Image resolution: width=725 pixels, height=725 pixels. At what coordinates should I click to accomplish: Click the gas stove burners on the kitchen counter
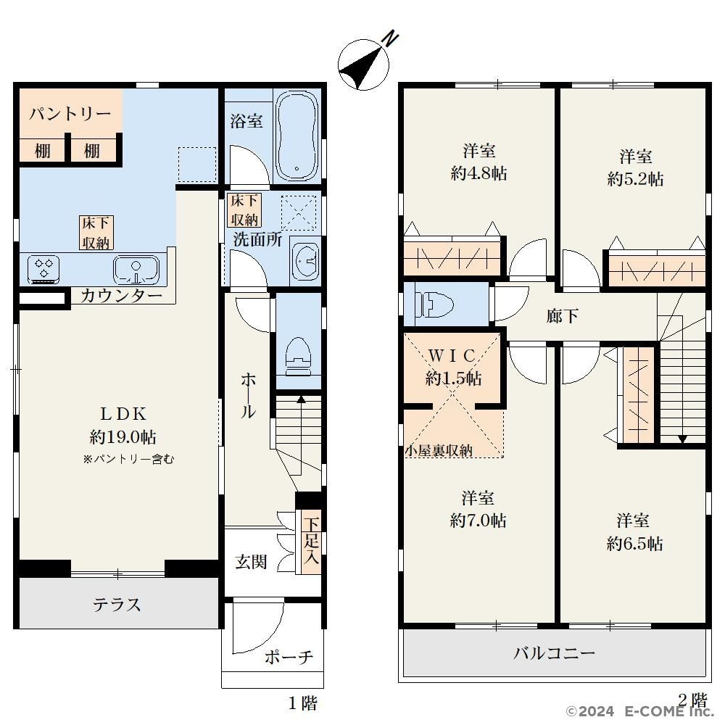pyautogui.click(x=43, y=269)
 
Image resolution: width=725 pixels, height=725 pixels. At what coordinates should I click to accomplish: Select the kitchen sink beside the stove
pyautogui.click(x=136, y=270)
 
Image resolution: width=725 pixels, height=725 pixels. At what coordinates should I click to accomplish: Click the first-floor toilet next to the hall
pyautogui.click(x=298, y=356)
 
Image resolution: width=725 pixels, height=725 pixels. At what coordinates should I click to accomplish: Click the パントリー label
pyautogui.click(x=70, y=113)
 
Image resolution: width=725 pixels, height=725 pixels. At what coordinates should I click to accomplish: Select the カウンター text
pyautogui.click(x=121, y=296)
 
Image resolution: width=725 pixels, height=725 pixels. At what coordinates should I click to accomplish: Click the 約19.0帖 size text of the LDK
pyautogui.click(x=123, y=436)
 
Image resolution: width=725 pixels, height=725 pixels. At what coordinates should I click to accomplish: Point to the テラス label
pyautogui.click(x=117, y=605)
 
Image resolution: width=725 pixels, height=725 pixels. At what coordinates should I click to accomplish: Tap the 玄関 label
pyautogui.click(x=251, y=562)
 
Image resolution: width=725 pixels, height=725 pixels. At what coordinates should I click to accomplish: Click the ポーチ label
pyautogui.click(x=289, y=657)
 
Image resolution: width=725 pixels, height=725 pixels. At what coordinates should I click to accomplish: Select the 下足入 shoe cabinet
pyautogui.click(x=311, y=542)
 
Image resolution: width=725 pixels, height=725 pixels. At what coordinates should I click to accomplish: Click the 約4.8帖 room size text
pyautogui.click(x=479, y=173)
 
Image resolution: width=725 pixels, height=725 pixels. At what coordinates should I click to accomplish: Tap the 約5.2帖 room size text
pyautogui.click(x=635, y=179)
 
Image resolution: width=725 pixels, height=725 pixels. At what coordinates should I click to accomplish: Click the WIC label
pyautogui.click(x=452, y=355)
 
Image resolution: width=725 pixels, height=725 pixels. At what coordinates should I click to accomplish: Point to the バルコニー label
pyautogui.click(x=555, y=653)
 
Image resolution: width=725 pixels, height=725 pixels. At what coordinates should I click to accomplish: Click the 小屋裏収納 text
pyautogui.click(x=439, y=450)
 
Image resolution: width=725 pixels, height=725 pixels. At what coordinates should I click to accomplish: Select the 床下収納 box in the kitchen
pyautogui.click(x=96, y=233)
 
